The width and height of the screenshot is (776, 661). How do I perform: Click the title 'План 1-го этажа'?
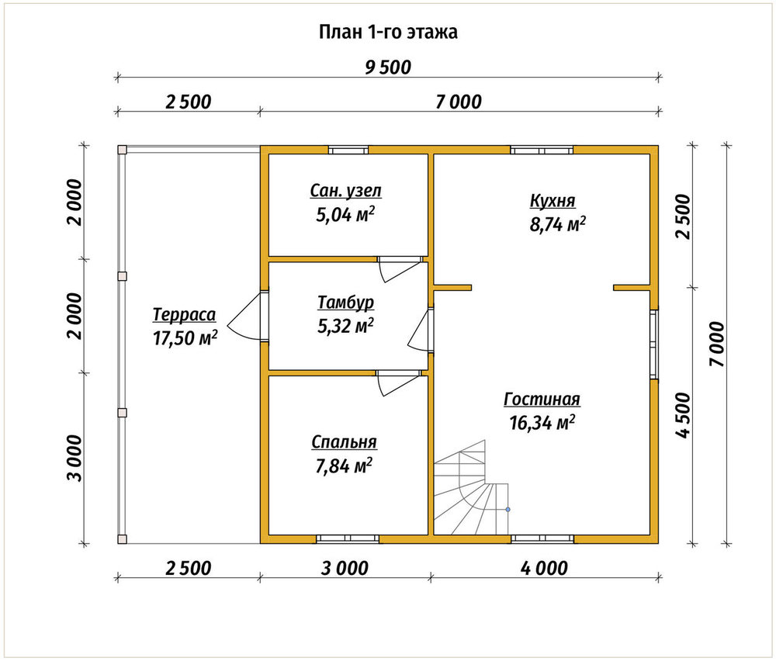(388, 32)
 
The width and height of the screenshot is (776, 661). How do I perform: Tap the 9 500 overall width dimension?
(388, 67)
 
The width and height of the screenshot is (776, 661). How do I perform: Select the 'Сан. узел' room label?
(346, 191)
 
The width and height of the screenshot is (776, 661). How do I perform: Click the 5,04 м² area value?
(345, 215)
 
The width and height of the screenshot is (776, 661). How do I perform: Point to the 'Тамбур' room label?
(345, 303)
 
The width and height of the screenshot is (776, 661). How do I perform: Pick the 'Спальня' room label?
(344, 441)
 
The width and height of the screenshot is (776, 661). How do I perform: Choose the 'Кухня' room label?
(553, 201)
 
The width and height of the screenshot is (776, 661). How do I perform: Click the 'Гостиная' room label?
(542, 400)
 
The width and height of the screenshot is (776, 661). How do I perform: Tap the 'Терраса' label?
(184, 315)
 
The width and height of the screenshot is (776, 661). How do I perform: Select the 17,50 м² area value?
(185, 338)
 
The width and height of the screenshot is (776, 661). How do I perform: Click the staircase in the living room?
(471, 487)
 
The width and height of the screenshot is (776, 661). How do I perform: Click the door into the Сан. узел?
(401, 268)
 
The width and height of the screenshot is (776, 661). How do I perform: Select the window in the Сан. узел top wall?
(348, 150)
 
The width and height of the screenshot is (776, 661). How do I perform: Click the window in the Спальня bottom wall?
(348, 538)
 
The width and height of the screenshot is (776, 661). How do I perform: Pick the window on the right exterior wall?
(654, 344)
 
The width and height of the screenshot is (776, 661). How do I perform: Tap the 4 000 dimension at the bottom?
(544, 568)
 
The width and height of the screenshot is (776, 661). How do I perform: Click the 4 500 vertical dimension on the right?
(683, 416)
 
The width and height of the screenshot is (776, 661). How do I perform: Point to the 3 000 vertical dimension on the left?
(76, 459)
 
